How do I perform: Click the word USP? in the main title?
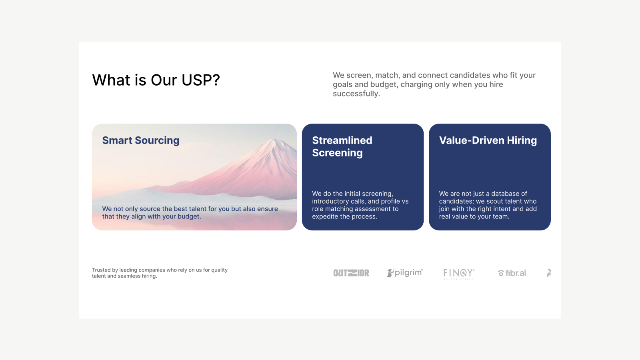tap(201, 80)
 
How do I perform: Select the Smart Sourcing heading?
tap(141, 140)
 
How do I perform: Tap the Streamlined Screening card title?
tap(342, 146)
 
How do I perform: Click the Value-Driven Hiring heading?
tap(488, 140)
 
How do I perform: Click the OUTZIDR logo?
tap(351, 273)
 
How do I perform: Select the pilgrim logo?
tap(405, 273)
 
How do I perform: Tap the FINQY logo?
tap(458, 273)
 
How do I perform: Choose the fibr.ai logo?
tap(512, 273)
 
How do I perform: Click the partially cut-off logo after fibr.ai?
tap(549, 273)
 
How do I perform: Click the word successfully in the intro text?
tap(356, 94)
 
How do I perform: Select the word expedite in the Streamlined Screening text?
tap(325, 216)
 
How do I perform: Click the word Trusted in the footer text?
tap(101, 270)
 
